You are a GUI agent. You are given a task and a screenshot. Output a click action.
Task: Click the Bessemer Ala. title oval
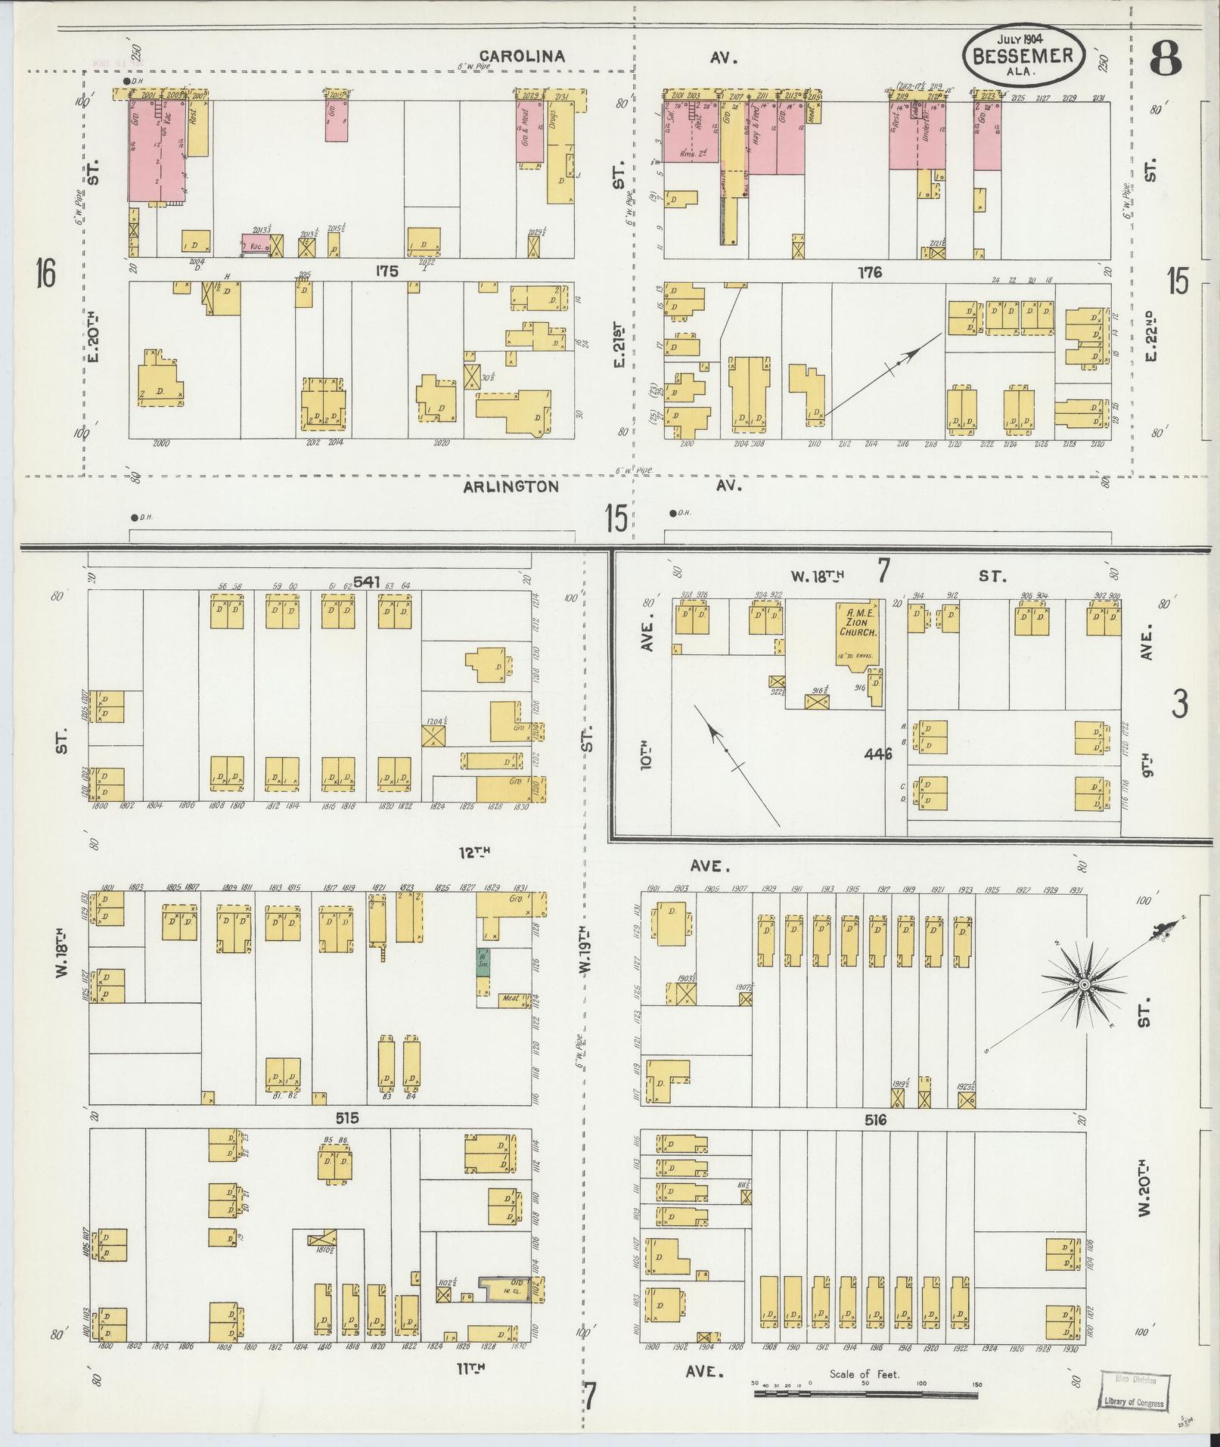click(1023, 55)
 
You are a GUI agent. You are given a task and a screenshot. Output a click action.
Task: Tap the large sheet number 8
click(1165, 59)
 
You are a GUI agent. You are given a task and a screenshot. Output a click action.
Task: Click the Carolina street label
click(523, 56)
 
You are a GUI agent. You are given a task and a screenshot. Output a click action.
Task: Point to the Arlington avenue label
click(511, 486)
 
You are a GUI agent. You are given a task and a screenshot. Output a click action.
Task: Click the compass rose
click(1083, 985)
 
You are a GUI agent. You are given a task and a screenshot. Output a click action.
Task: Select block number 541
click(366, 582)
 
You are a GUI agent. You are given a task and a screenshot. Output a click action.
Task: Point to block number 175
click(386, 272)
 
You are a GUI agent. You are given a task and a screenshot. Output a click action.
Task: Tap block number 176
click(869, 272)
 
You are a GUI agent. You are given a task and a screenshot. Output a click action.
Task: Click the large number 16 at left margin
click(45, 272)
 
